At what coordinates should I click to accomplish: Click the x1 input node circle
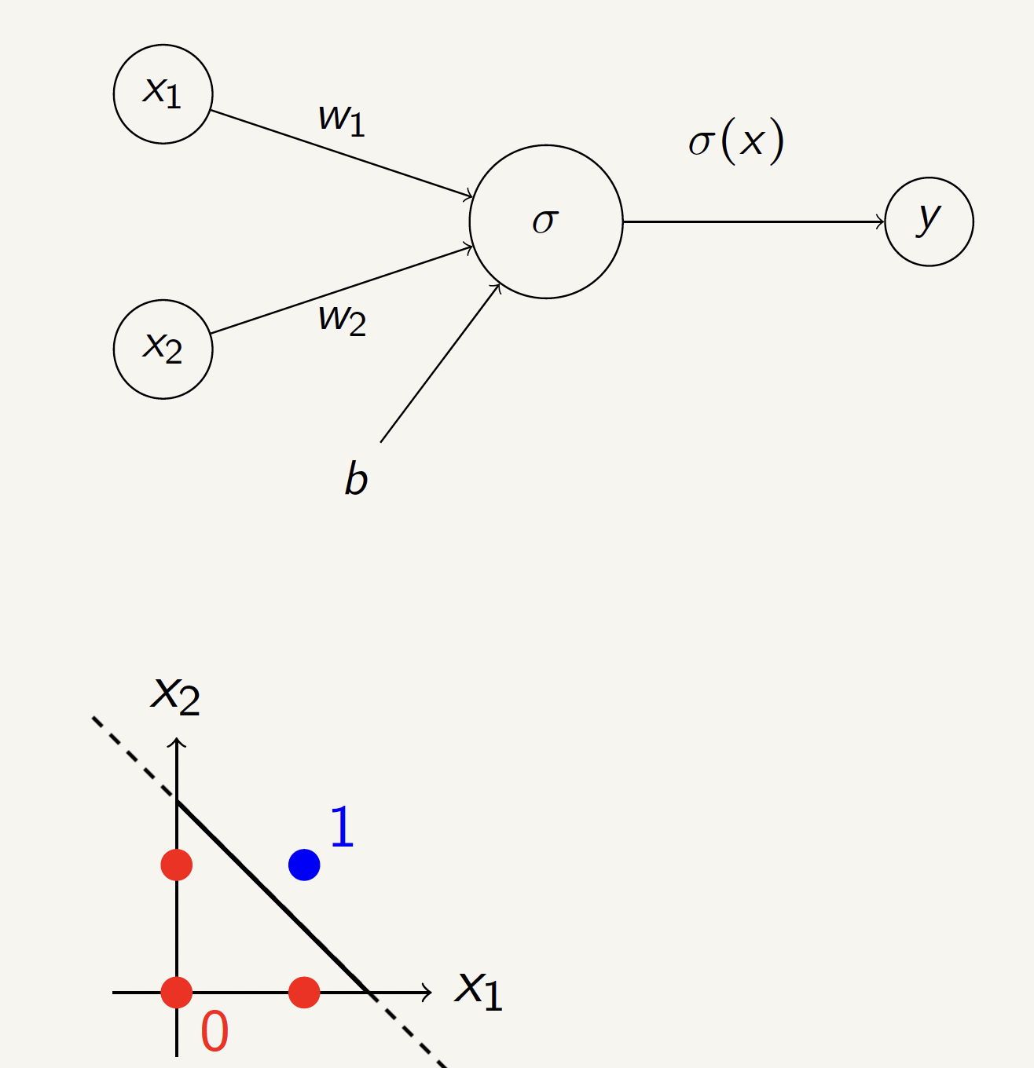[x=163, y=94]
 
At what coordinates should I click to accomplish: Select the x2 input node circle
[x=163, y=349]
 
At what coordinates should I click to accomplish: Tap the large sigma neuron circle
[x=545, y=221]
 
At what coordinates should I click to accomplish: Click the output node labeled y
[x=929, y=221]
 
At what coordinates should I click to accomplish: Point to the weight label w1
[x=342, y=119]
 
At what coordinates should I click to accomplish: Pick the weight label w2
[x=342, y=319]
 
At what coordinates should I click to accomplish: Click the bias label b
[x=356, y=478]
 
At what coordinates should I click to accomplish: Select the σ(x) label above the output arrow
[x=736, y=142]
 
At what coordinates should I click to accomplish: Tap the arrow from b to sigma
[x=440, y=363]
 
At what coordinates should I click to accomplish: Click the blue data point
[x=304, y=865]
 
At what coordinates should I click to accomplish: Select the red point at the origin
[x=177, y=992]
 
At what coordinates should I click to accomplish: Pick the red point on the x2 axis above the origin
[x=177, y=865]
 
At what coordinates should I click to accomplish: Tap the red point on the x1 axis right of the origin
[x=304, y=992]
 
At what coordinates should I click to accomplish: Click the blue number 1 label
[x=342, y=828]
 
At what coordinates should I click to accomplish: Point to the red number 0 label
[x=214, y=1032]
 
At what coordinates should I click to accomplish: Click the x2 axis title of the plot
[x=175, y=695]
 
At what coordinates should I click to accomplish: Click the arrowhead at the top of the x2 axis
[x=177, y=742]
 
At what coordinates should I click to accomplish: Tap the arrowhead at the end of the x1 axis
[x=427, y=992]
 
